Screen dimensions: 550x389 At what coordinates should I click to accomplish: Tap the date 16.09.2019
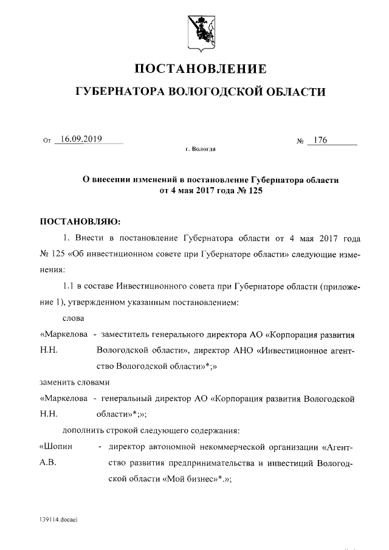(78, 139)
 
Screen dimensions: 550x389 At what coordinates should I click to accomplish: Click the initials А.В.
(47, 463)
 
